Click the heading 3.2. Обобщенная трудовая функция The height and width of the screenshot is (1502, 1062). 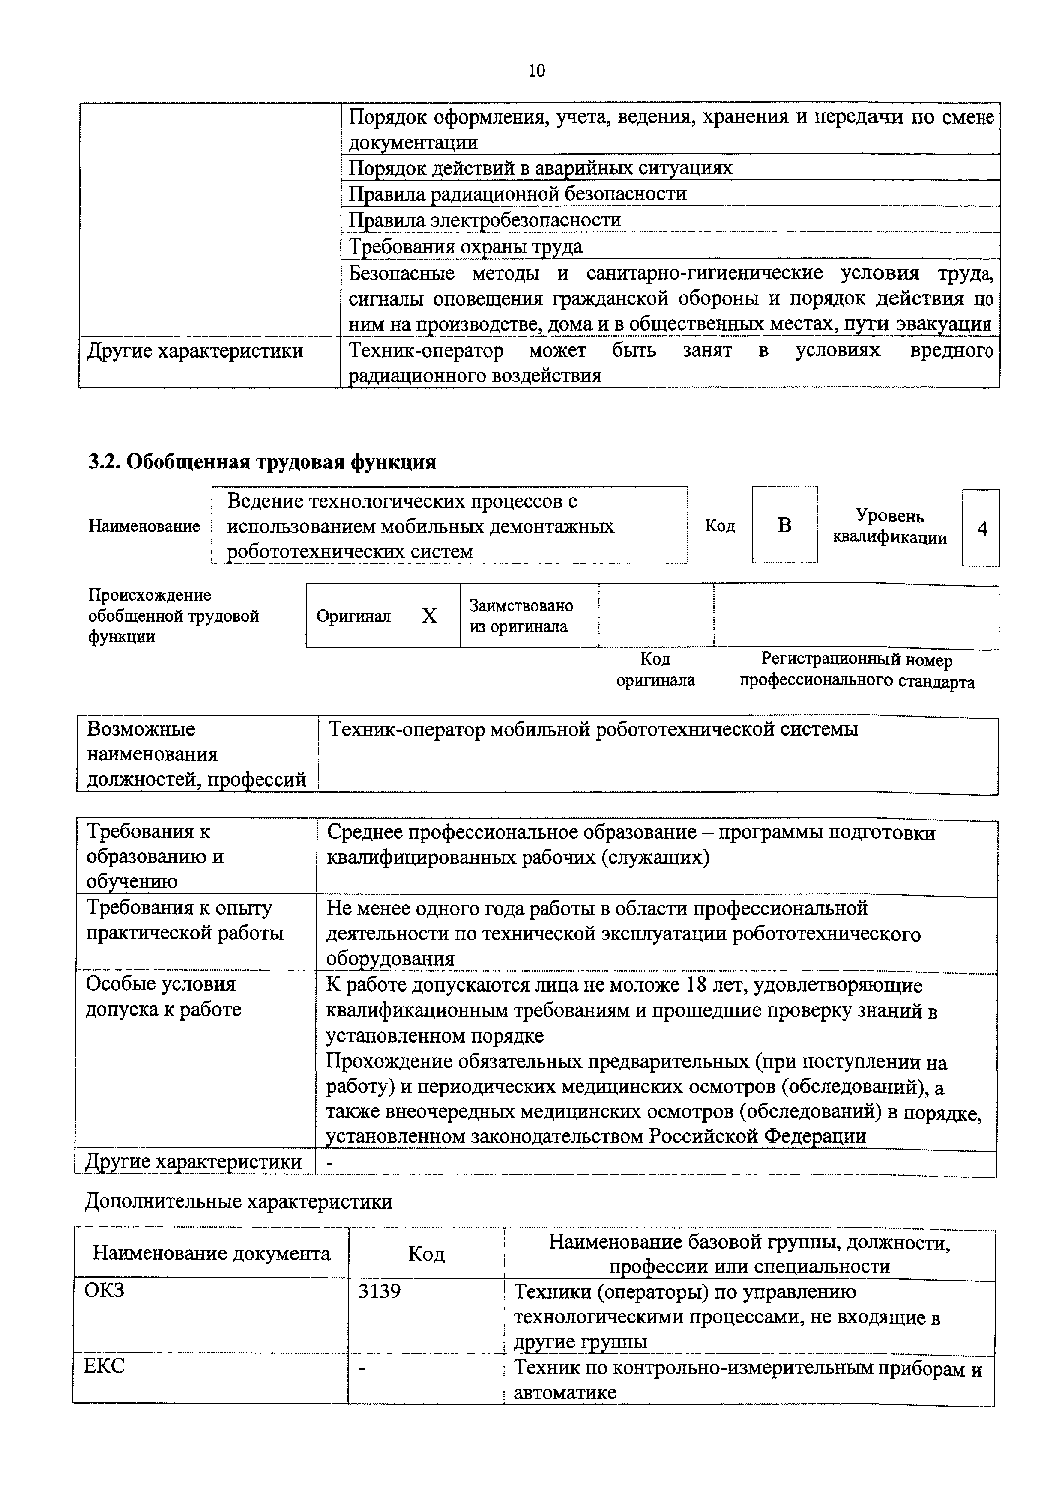click(262, 462)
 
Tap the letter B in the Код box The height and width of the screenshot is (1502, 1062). click(784, 525)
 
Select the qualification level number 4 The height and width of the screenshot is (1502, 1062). click(981, 529)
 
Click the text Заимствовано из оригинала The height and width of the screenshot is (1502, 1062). click(521, 616)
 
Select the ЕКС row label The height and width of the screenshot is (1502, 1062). click(104, 1365)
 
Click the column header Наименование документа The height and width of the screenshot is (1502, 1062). click(211, 1253)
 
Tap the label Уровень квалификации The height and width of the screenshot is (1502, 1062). click(889, 527)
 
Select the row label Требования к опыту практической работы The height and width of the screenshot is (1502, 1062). click(185, 921)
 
